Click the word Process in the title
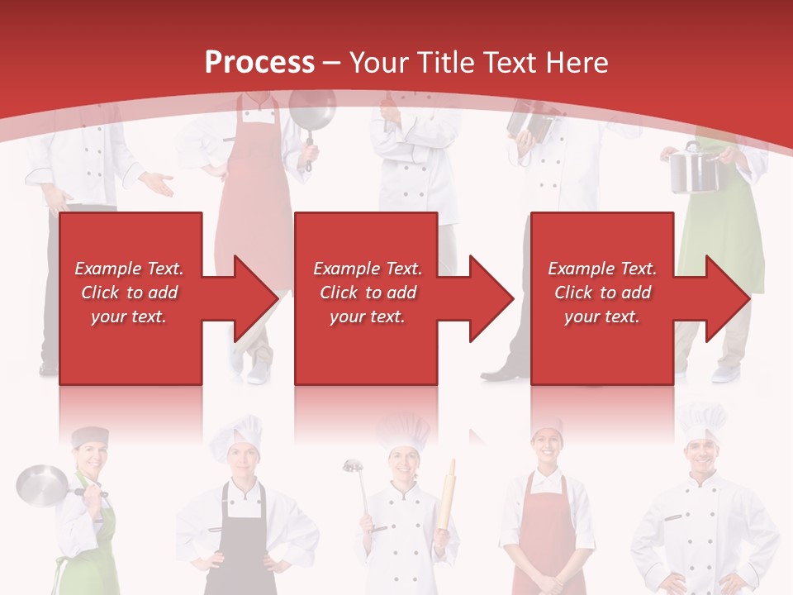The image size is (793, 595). (259, 63)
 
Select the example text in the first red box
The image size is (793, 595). (129, 293)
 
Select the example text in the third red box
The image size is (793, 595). (602, 293)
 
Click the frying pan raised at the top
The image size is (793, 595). (311, 112)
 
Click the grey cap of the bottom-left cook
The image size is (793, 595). (89, 436)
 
